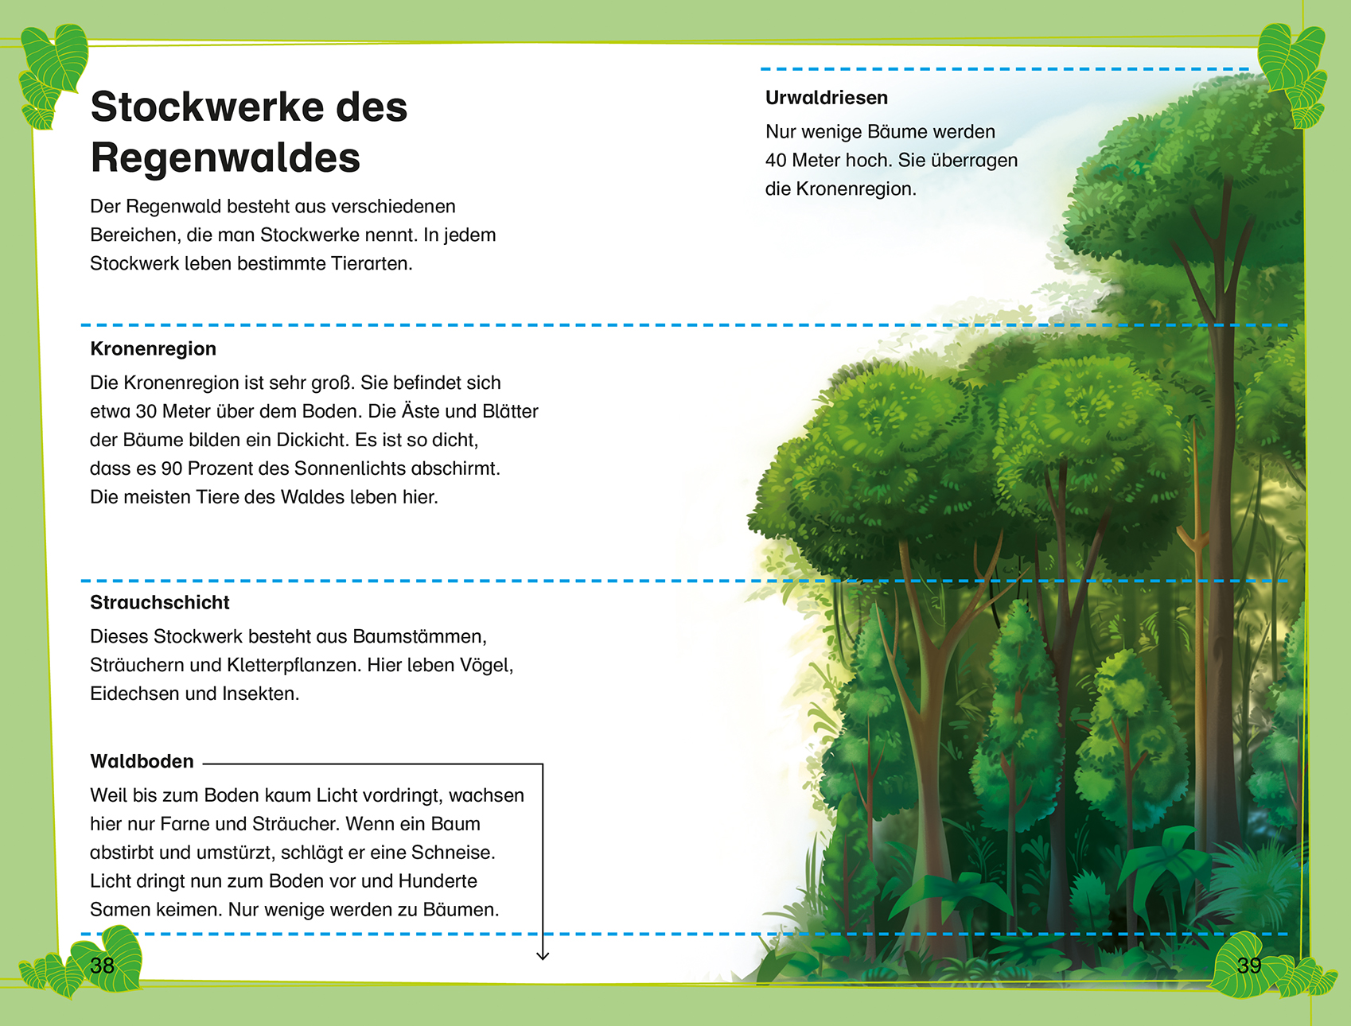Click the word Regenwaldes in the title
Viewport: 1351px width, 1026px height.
click(225, 157)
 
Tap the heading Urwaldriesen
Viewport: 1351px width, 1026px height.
click(826, 98)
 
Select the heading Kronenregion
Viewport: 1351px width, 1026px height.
click(153, 349)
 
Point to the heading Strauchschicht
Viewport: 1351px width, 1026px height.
click(159, 603)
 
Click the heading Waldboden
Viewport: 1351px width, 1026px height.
click(142, 762)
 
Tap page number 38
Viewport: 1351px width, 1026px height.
click(103, 966)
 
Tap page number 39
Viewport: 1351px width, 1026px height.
click(1249, 966)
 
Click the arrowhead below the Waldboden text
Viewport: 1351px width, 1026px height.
click(543, 955)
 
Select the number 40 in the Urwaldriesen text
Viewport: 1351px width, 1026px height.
click(776, 161)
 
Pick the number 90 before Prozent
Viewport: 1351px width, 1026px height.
click(172, 468)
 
